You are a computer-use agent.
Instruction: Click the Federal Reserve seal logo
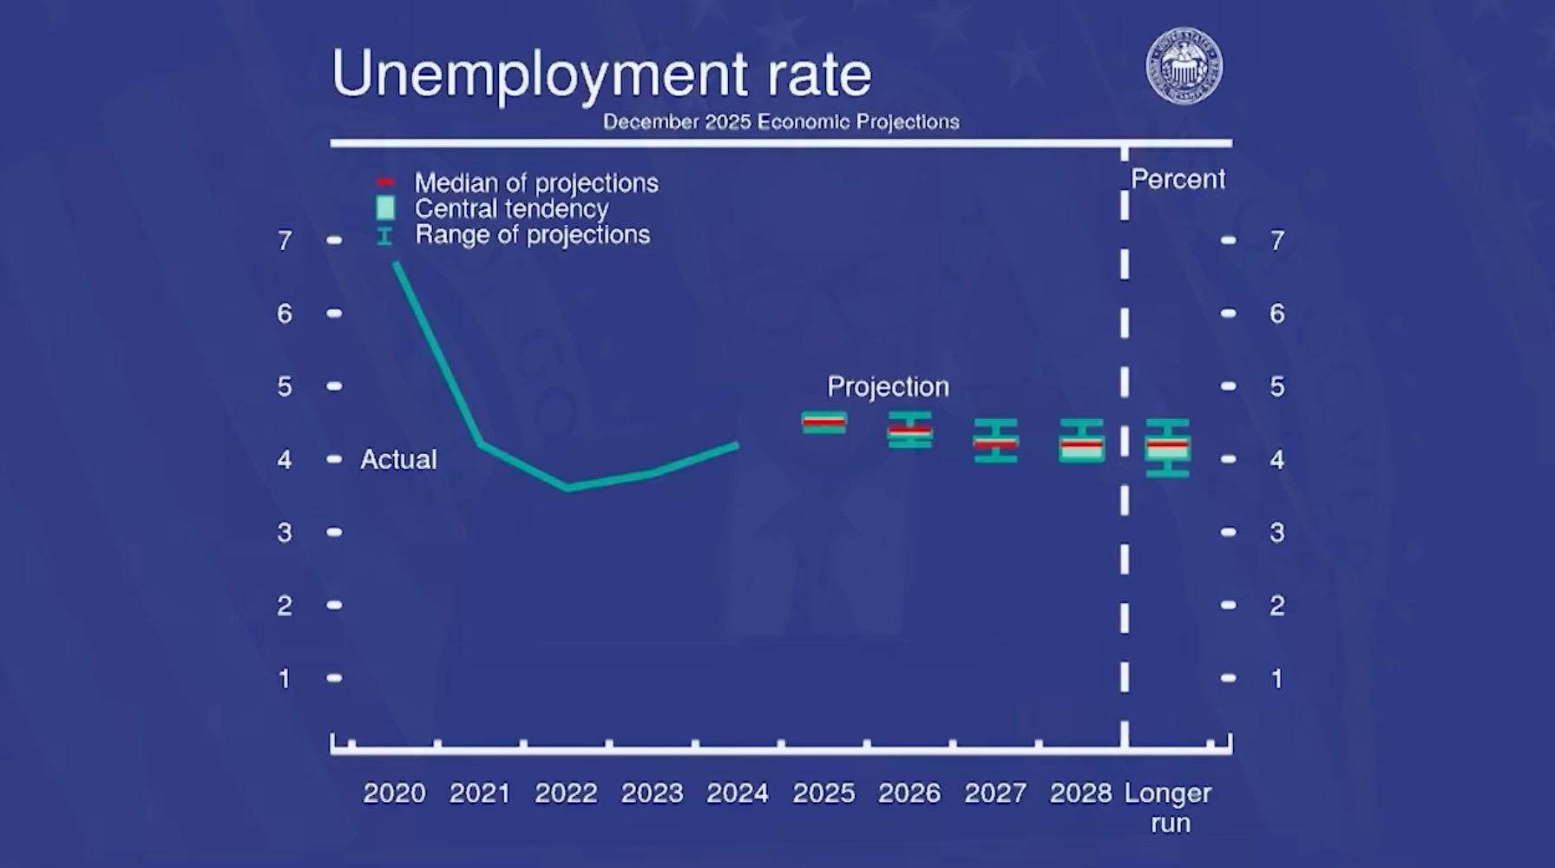point(1184,66)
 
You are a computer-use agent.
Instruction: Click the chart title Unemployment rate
point(600,75)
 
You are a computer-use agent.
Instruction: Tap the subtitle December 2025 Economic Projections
point(781,122)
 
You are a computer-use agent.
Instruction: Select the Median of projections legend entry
point(535,183)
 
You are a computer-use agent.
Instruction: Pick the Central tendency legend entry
point(511,209)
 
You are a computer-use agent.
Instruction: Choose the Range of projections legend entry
point(532,235)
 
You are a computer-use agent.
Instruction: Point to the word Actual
point(398,459)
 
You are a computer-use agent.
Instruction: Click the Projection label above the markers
point(888,386)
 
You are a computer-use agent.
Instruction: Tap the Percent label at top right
point(1178,180)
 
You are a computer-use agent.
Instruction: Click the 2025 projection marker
point(823,423)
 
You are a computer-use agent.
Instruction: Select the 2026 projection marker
point(909,430)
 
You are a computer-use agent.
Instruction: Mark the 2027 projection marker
point(995,441)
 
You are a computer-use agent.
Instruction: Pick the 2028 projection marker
point(1081,441)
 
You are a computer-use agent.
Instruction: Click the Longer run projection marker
point(1167,447)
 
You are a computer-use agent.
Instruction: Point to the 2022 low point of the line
point(568,488)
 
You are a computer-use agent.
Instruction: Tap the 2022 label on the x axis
point(566,793)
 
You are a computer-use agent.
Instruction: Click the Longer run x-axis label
point(1168,807)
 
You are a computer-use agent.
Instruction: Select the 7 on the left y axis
point(285,240)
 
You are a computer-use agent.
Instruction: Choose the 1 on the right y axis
point(1276,679)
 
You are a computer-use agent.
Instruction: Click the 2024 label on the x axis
point(738,793)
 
